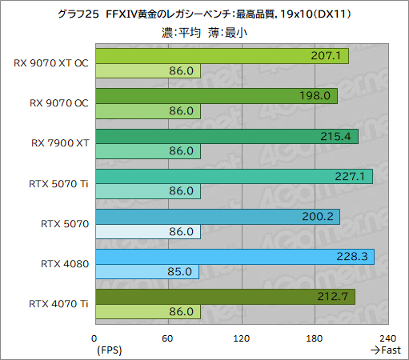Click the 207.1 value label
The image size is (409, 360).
click(x=327, y=56)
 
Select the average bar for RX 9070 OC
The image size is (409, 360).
click(x=215, y=96)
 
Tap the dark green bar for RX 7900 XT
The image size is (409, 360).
click(x=227, y=136)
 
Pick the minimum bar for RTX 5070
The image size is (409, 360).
click(x=147, y=232)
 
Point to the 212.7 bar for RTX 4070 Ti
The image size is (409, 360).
click(x=225, y=296)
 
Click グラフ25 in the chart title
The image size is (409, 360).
click(x=76, y=14)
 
